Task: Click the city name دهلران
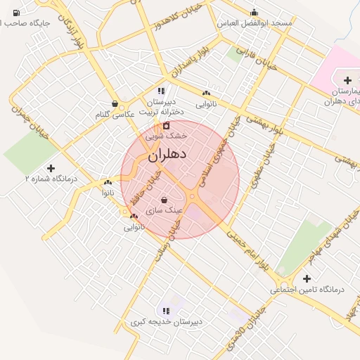point(168,153)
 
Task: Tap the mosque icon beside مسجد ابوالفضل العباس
point(254,13)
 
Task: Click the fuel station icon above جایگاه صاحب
point(15,13)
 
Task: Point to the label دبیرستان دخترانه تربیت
point(161,106)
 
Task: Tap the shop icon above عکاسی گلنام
point(114,103)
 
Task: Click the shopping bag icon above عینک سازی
point(164,200)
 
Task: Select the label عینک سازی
point(164,210)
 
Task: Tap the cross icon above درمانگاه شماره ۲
point(50,168)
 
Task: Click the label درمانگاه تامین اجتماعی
point(306,289)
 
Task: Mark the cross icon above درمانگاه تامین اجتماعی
point(307,278)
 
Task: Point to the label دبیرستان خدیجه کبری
point(166,321)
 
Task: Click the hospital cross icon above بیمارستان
point(347,81)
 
